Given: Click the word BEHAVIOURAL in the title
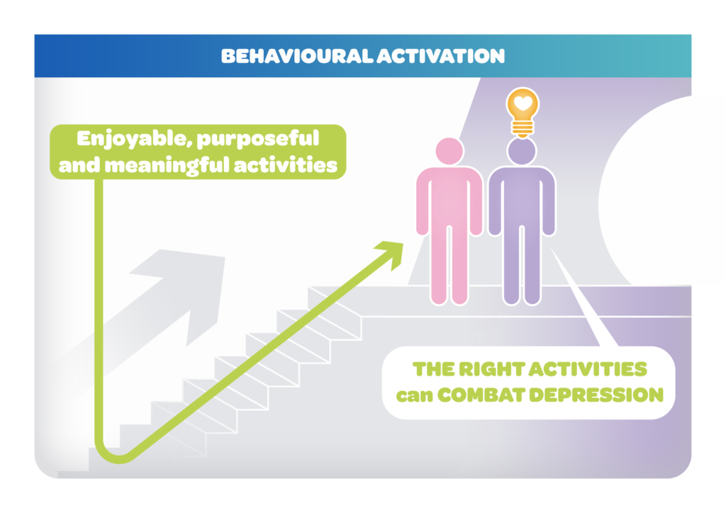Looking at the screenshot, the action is [297, 56].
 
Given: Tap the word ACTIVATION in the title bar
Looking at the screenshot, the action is [441, 56].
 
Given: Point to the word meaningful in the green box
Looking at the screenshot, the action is [167, 166].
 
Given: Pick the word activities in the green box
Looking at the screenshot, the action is [286, 165].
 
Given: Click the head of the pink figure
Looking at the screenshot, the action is [449, 151].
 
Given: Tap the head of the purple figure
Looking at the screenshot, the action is [522, 151].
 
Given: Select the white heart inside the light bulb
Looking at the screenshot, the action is [523, 103].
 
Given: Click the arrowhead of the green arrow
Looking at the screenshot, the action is [391, 252].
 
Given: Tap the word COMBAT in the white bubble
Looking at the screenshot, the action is [481, 395].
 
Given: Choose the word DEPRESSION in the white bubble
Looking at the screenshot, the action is [596, 395].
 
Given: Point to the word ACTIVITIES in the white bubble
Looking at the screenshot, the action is [588, 370].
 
